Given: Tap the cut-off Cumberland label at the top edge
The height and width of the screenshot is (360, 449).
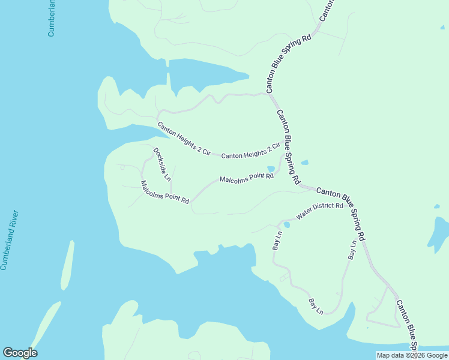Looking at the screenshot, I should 52,18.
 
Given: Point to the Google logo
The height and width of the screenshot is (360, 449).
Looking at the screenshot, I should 20,353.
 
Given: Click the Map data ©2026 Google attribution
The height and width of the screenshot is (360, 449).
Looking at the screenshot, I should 411,355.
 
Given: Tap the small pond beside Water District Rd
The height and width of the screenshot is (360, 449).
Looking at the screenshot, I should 286,225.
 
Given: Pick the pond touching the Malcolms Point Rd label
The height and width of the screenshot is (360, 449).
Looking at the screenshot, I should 271,169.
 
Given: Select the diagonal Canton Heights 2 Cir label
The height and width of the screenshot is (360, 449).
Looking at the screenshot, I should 183,139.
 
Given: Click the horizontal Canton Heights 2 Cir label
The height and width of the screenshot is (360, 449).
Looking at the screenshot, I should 250,151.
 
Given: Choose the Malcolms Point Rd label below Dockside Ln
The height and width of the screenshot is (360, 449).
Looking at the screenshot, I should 165,192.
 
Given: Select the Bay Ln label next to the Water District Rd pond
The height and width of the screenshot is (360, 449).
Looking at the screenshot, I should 277,241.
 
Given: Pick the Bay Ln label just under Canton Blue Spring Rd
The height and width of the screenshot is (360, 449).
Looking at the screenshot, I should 352,250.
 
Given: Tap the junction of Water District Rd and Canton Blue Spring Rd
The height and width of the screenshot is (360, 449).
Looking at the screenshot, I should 348,202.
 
